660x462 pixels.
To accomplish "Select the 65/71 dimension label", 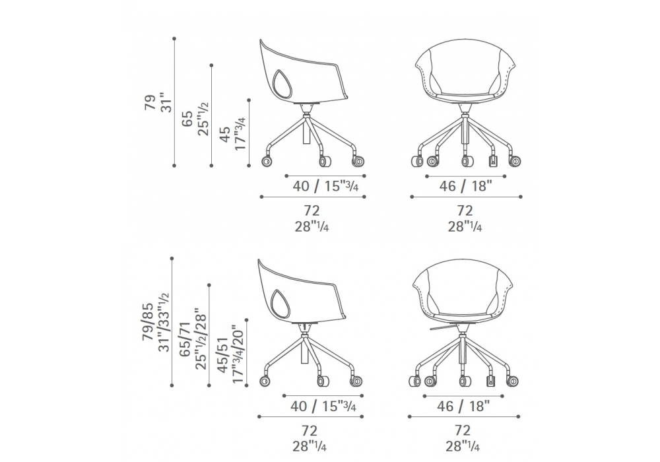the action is tap(185, 339).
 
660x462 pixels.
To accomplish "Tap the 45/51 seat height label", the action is tap(223, 354).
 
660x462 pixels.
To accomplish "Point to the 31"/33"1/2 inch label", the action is tap(164, 322).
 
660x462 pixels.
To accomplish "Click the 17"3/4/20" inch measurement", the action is tap(239, 354).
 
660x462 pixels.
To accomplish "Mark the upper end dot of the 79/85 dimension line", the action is tap(172, 258).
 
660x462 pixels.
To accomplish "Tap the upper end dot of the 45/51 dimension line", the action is tap(247, 320).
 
